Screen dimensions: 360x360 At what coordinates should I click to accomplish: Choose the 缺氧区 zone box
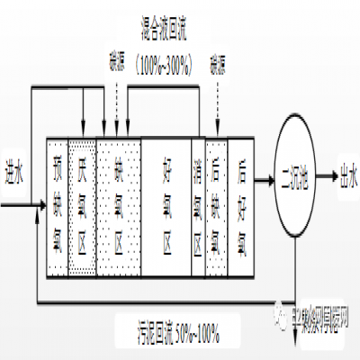pos(118,206)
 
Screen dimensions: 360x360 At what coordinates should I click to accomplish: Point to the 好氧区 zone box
pos(166,206)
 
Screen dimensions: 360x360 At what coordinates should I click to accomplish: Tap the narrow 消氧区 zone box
pos(199,206)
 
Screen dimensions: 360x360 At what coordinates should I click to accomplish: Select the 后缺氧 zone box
pos(218,206)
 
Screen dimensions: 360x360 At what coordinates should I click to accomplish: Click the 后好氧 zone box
pos(242,206)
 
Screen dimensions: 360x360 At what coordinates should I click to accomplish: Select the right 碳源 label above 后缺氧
pos(216,65)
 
